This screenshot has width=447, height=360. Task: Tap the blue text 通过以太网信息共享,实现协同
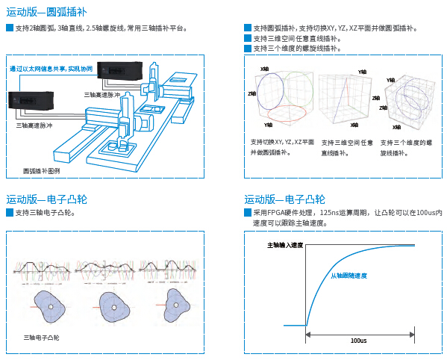[x=51, y=69]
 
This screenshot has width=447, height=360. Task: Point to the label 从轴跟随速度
[x=349, y=276]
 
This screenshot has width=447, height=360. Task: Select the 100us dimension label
[x=358, y=340]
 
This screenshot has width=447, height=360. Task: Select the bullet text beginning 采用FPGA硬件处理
[x=343, y=217]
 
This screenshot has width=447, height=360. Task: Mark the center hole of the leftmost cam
[x=51, y=306]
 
